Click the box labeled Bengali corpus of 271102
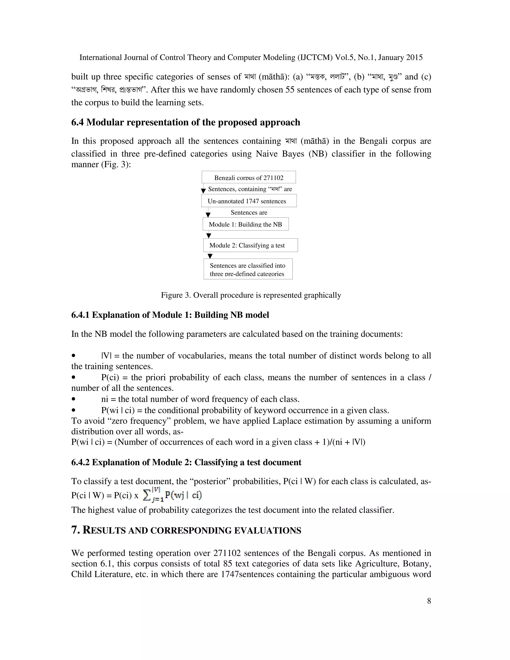[x=249, y=177]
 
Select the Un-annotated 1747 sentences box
[x=249, y=201]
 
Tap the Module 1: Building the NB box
[x=245, y=224]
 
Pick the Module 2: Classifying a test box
[x=250, y=245]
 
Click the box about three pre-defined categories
[x=248, y=269]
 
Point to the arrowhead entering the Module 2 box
[x=208, y=236]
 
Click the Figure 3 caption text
[x=251, y=295]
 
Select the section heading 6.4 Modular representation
[x=186, y=122]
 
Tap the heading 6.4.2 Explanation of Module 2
[x=186, y=462]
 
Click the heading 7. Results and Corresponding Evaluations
[x=186, y=530]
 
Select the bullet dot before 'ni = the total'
[x=73, y=399]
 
